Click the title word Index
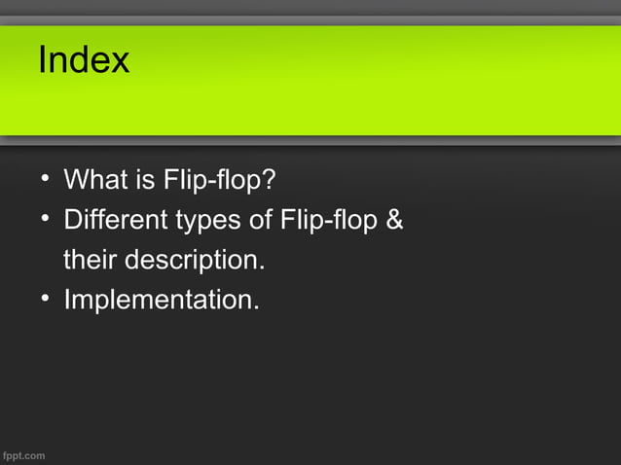click(83, 61)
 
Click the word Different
click(115, 221)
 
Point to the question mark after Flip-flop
click(268, 181)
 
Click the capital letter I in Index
click(42, 61)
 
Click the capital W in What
click(76, 181)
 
